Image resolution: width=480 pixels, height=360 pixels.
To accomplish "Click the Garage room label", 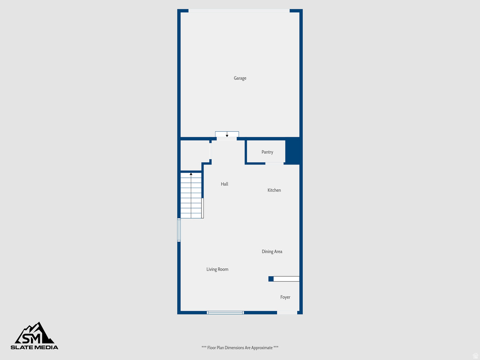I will tap(240, 78).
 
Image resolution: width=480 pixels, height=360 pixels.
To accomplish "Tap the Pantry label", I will tap(267, 152).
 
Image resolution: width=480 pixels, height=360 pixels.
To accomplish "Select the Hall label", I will tap(225, 184).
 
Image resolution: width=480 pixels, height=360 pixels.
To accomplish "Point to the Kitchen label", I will tap(274, 190).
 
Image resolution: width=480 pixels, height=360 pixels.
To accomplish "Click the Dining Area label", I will tap(272, 252).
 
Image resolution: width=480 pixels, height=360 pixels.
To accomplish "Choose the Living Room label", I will tap(217, 270).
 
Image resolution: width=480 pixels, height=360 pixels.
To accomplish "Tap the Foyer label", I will tap(285, 297).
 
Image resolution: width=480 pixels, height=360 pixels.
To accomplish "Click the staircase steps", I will tap(191, 199).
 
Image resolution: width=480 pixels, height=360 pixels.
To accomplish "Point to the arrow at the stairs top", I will tap(191, 174).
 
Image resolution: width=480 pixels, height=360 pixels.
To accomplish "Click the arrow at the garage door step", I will tap(227, 135).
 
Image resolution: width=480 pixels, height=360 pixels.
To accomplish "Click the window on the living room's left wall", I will tap(179, 230).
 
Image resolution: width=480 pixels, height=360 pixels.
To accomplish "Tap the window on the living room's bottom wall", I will tap(225, 312).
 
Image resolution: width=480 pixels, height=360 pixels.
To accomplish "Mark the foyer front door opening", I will tap(287, 312).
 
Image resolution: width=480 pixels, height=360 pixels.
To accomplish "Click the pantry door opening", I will tap(275, 163).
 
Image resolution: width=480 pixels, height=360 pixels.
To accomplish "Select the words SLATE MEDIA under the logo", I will tap(35, 347).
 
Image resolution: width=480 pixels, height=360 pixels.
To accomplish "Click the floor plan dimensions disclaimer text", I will tap(240, 348).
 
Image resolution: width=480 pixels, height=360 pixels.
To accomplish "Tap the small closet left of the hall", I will tap(195, 155).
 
